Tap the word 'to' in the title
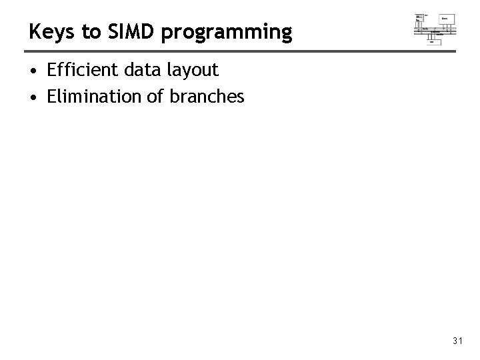pos(84,31)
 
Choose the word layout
pos(192,71)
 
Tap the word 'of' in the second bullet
pos(154,97)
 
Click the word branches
pos(207,97)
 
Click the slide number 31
pos(457,341)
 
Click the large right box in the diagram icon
pos(447,19)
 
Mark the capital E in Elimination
pos(51,97)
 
